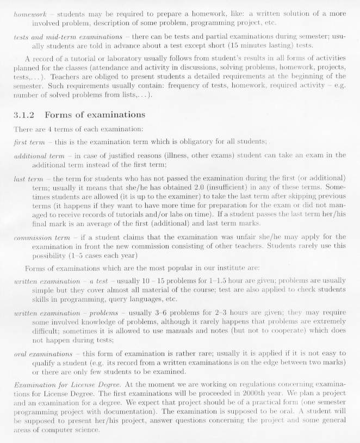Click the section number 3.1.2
[24, 115]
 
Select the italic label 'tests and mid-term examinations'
[68, 36]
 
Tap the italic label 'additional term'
[39, 155]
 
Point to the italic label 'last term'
[29, 178]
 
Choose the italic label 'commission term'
[42, 237]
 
